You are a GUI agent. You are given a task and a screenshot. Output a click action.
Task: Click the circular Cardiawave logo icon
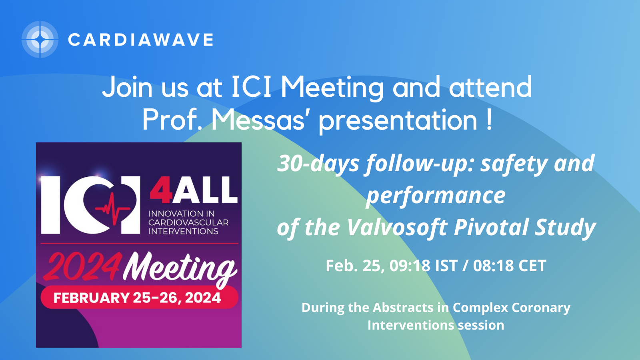(x=40, y=40)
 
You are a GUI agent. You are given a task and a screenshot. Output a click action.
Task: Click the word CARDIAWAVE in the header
(x=140, y=40)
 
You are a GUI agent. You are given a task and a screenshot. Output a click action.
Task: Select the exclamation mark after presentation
(x=489, y=120)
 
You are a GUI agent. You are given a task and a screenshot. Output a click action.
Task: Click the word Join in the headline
(x=127, y=87)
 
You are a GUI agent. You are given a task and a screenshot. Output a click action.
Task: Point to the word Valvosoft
(x=398, y=227)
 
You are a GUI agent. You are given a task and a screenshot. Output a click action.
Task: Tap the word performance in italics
(x=436, y=196)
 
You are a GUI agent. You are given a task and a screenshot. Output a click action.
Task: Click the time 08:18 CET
(x=510, y=266)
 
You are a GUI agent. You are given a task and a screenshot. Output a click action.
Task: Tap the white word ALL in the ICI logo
(x=205, y=190)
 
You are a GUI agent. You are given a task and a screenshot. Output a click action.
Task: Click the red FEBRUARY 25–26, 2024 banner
(x=140, y=297)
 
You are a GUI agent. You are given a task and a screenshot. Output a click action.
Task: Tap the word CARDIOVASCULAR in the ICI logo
(x=188, y=222)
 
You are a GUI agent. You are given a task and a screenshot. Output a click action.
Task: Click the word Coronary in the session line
(x=541, y=308)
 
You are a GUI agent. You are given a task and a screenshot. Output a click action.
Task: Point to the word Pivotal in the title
(x=492, y=227)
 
